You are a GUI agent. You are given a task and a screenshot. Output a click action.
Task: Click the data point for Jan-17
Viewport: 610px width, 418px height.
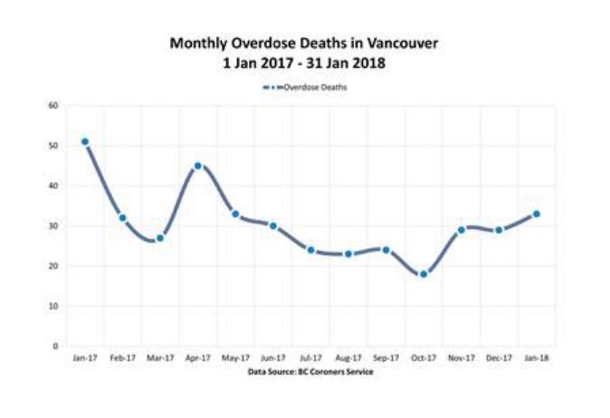point(85,142)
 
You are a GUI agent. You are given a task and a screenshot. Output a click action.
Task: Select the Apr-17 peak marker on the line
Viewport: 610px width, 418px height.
point(198,166)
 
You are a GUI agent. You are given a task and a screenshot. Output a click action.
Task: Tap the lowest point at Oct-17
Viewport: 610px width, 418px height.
point(423,274)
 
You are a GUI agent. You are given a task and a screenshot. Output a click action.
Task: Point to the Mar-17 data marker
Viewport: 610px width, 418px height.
point(160,238)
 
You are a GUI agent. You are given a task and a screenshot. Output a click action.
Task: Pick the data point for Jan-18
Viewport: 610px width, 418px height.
point(536,214)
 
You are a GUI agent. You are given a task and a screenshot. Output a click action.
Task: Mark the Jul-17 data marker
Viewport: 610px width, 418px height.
point(310,250)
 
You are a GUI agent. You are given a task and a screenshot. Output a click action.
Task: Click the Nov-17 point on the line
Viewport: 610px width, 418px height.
point(461,230)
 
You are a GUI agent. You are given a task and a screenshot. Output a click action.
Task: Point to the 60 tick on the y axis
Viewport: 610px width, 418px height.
point(54,106)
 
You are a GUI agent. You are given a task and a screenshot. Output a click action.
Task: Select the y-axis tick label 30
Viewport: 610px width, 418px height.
point(54,226)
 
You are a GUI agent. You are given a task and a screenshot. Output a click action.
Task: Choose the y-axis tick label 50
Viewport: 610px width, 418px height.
point(54,146)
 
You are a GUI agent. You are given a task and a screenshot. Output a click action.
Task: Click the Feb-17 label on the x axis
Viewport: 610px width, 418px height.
point(122,358)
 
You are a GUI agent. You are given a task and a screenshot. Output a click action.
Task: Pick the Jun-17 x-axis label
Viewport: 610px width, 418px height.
point(272,358)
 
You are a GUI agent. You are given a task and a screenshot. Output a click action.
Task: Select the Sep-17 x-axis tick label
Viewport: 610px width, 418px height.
point(386,358)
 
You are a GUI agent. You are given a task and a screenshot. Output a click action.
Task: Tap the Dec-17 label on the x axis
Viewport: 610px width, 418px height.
point(499,358)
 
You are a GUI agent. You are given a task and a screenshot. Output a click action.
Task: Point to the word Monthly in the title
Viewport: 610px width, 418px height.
point(196,43)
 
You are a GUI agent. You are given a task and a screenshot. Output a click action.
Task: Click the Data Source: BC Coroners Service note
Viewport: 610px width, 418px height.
point(310,371)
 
